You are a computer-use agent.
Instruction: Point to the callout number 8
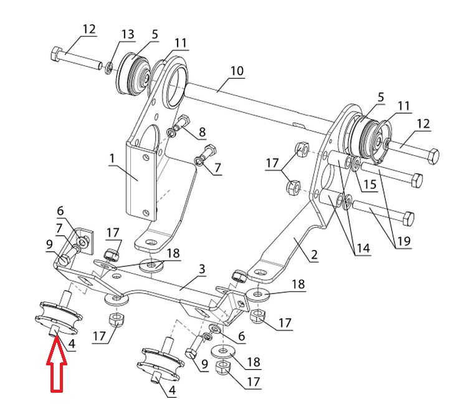coord(202,132)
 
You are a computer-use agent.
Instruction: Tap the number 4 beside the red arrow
coord(72,343)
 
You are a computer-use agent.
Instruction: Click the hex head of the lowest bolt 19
coord(408,218)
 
